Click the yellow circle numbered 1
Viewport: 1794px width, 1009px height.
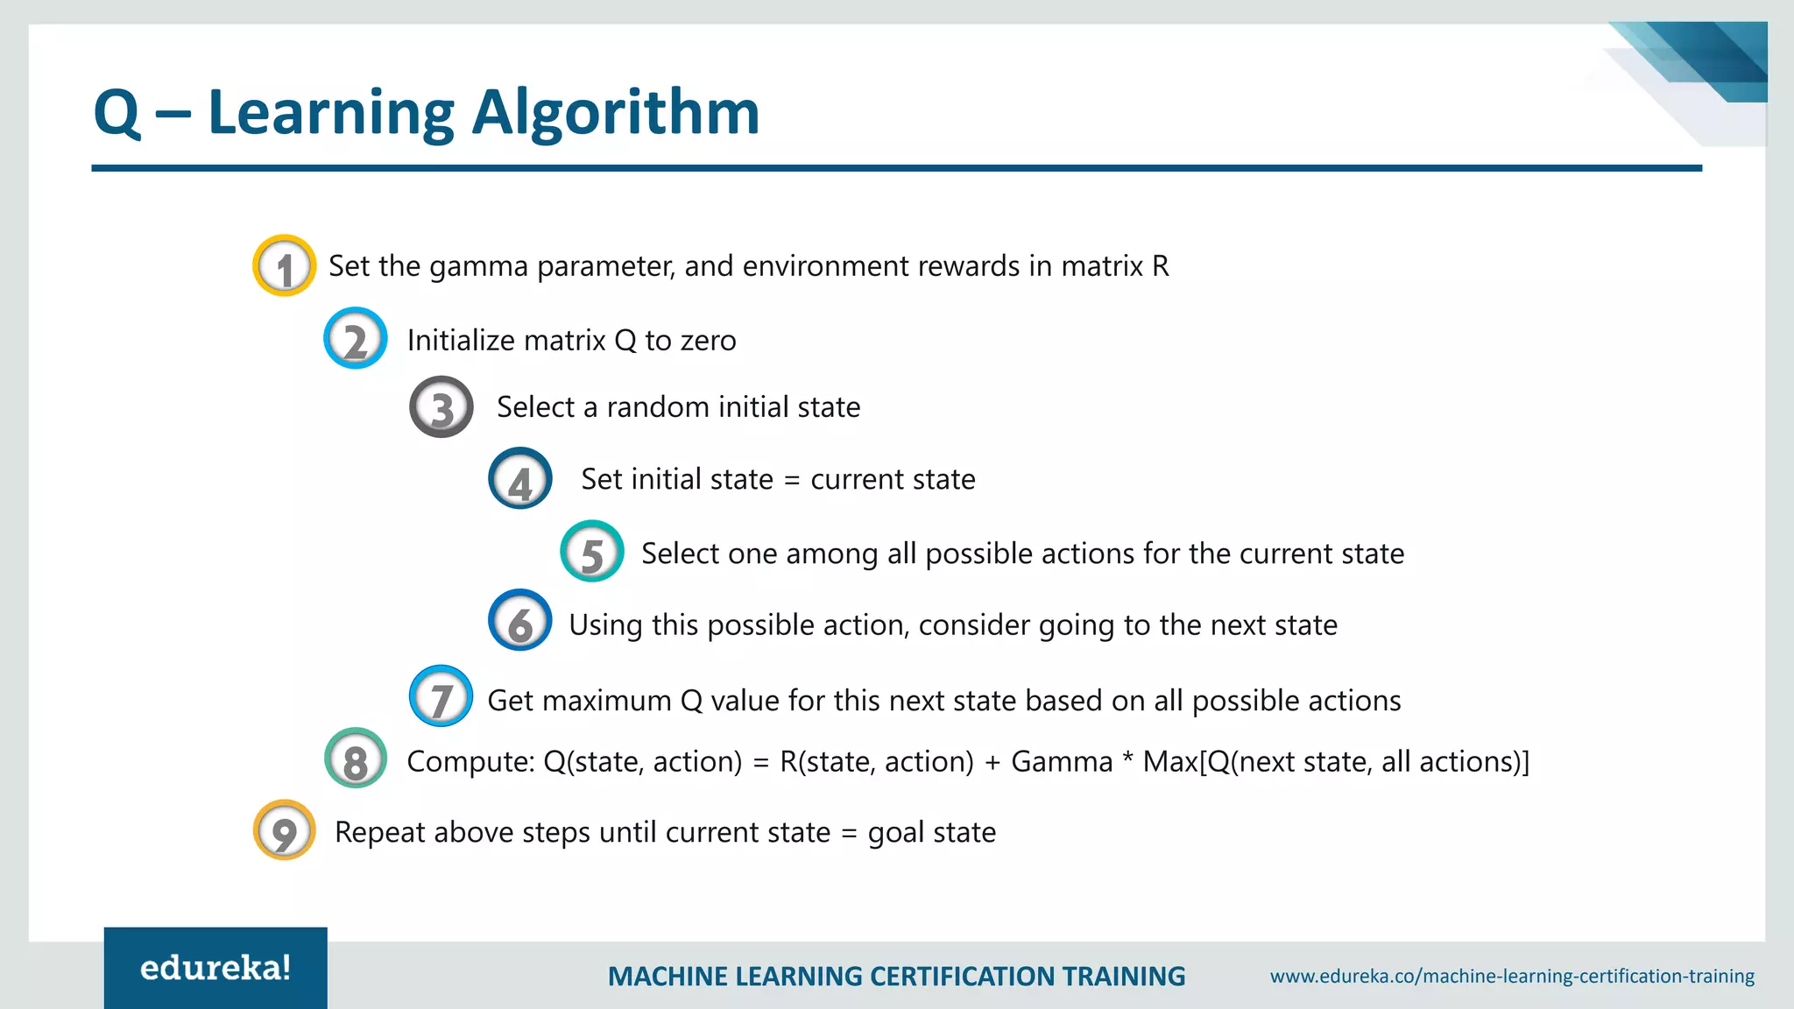[x=284, y=266]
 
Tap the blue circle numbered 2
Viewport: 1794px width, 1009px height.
[x=355, y=339]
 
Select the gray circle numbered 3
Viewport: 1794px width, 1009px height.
[x=441, y=407]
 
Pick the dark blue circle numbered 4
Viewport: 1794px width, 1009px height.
[x=520, y=479]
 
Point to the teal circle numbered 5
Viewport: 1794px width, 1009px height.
[x=592, y=552]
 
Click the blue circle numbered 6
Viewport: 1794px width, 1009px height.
[x=520, y=621]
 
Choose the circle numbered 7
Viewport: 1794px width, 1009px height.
[x=441, y=697]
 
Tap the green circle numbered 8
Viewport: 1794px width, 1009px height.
[x=355, y=759]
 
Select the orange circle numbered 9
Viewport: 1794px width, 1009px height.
[x=284, y=830]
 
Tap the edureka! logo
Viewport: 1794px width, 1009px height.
[x=215, y=968]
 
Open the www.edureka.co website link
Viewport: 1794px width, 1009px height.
[x=1512, y=976]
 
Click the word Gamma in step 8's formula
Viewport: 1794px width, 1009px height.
[x=1061, y=762]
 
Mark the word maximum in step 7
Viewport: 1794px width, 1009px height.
[x=600, y=701]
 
